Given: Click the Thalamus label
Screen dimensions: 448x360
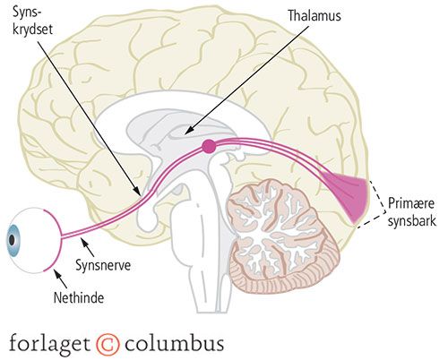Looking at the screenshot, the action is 314,15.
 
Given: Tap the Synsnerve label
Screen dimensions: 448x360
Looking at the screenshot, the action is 103,265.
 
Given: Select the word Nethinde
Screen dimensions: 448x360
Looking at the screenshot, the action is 79,297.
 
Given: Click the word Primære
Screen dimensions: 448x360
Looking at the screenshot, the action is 411,203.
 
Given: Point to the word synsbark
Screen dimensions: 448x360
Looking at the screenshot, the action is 412,221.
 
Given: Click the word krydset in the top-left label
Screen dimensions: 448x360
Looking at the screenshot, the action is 32,30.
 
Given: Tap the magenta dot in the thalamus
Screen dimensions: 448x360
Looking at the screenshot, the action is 209,146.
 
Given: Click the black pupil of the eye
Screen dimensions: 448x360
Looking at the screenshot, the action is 12,240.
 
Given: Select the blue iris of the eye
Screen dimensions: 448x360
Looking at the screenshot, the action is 13,240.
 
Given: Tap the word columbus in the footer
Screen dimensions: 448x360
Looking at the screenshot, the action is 174,343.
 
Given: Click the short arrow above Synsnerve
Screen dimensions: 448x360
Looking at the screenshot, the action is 88,247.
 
